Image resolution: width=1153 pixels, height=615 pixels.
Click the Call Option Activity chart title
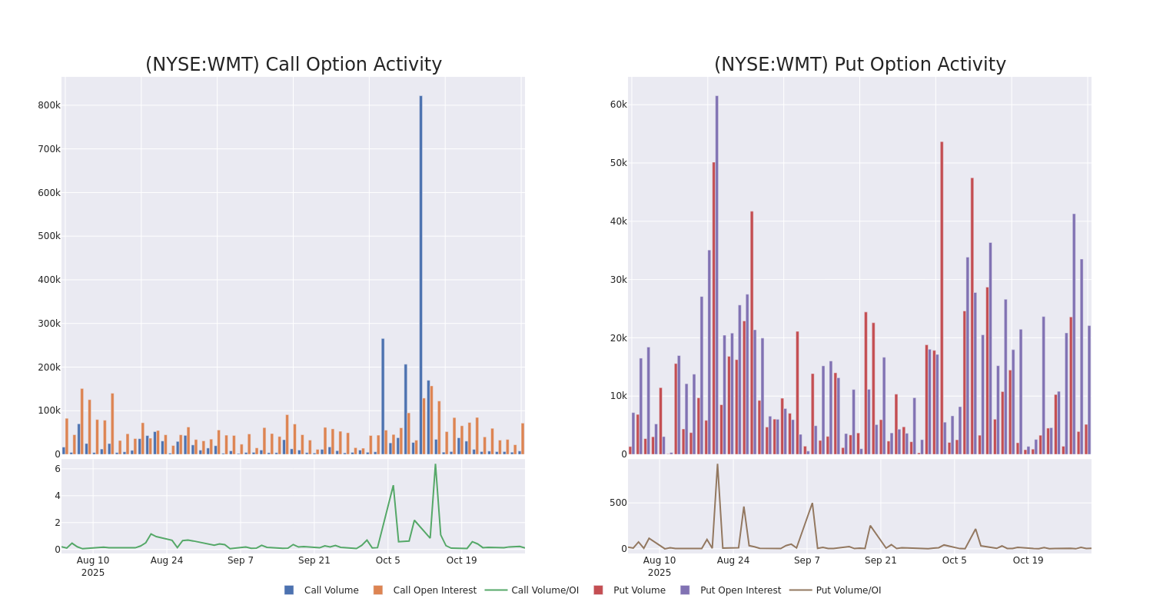point(293,65)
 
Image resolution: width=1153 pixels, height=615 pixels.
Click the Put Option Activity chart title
point(859,65)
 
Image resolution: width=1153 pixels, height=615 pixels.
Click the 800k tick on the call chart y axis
point(48,105)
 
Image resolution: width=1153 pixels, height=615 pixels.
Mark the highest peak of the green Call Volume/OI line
point(435,464)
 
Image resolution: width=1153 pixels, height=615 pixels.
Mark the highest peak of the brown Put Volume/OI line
point(717,464)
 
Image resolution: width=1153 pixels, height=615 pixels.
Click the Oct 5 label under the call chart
point(387,560)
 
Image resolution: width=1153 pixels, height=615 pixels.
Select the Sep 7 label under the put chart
point(807,560)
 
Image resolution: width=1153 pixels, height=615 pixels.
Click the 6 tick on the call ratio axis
point(57,469)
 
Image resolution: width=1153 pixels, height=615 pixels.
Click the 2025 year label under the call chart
point(93,573)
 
